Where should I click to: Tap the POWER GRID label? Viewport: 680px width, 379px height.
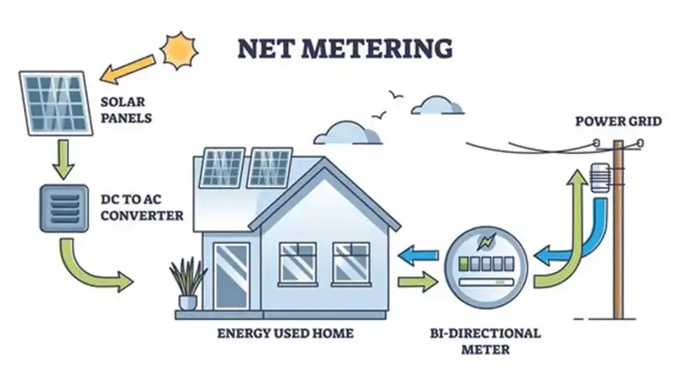point(618,121)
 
